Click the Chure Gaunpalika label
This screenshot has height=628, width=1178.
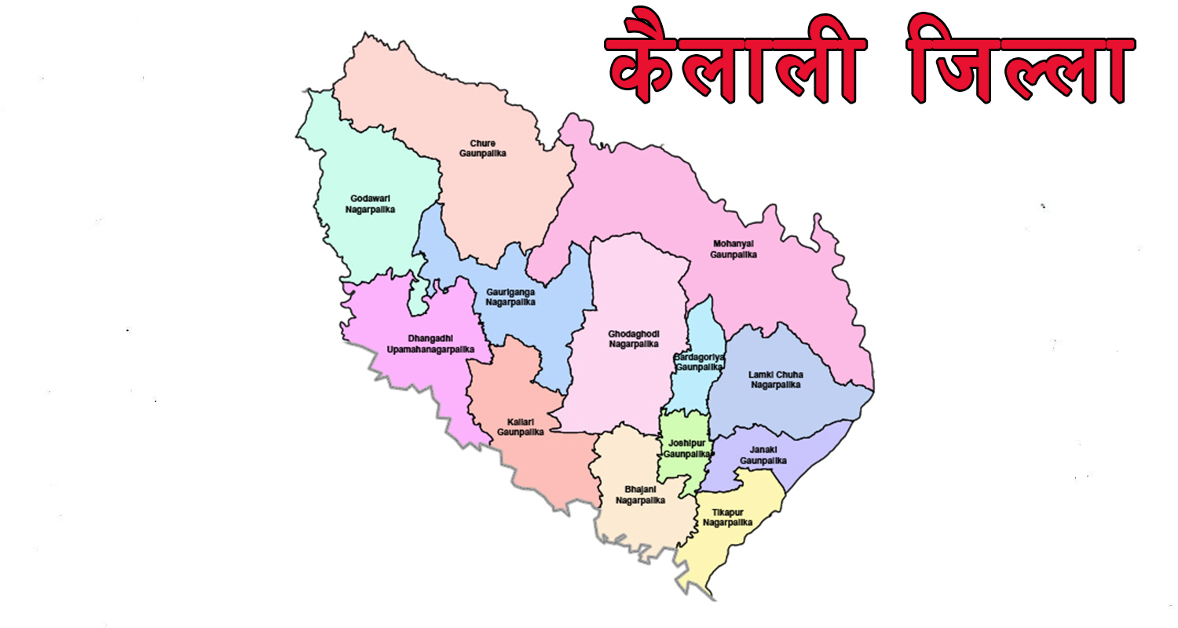[482, 148]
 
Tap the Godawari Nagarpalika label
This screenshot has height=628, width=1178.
[370, 204]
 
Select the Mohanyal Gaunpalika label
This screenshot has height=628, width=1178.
[734, 249]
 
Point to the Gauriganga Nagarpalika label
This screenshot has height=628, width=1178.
[510, 297]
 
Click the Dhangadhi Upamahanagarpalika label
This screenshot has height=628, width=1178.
[430, 343]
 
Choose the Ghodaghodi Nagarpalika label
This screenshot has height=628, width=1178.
[633, 339]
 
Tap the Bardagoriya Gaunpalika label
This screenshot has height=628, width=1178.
[698, 362]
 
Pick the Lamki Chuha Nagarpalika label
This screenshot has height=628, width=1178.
[775, 380]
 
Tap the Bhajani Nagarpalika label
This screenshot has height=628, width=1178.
[640, 495]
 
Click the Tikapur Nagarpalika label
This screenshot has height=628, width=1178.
[727, 517]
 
